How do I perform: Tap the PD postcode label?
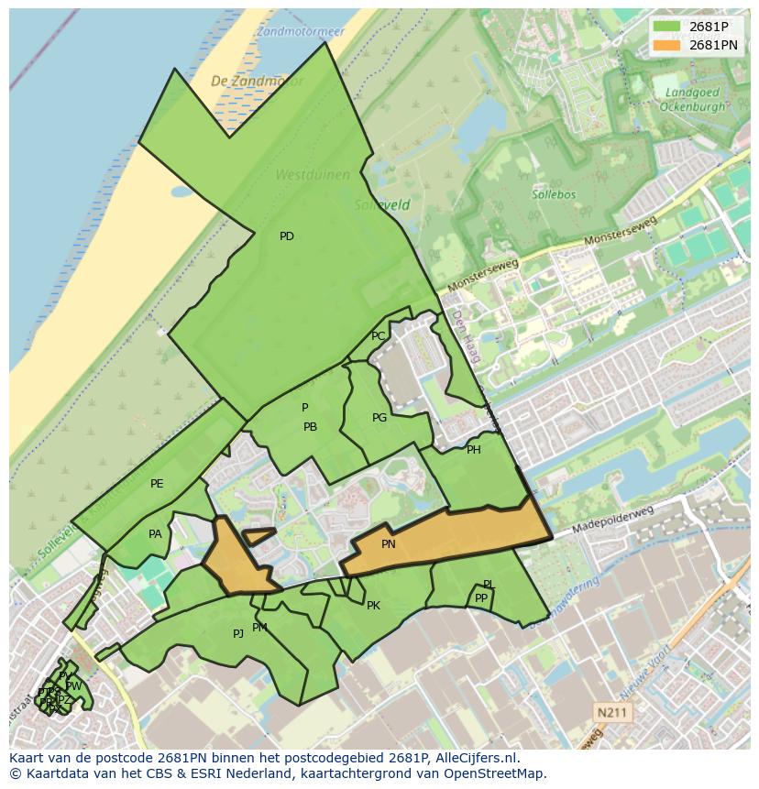pyautogui.click(x=287, y=236)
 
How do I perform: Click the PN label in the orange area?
pyautogui.click(x=389, y=544)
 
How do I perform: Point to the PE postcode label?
pyautogui.click(x=157, y=484)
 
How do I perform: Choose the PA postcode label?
pyautogui.click(x=155, y=534)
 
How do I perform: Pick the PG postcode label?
pyautogui.click(x=379, y=418)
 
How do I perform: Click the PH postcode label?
pyautogui.click(x=474, y=450)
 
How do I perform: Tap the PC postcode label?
pyautogui.click(x=379, y=336)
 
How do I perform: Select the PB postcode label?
pyautogui.click(x=311, y=427)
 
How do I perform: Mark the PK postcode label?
pyautogui.click(x=373, y=606)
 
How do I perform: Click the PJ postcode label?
pyautogui.click(x=238, y=633)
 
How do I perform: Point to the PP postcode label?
pyautogui.click(x=481, y=598)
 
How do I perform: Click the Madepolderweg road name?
pyautogui.click(x=613, y=521)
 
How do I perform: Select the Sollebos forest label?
pyautogui.click(x=553, y=194)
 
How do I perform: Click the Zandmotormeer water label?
pyautogui.click(x=301, y=31)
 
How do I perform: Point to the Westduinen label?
pyautogui.click(x=300, y=174)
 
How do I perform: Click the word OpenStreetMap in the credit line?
pyautogui.click(x=495, y=773)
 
